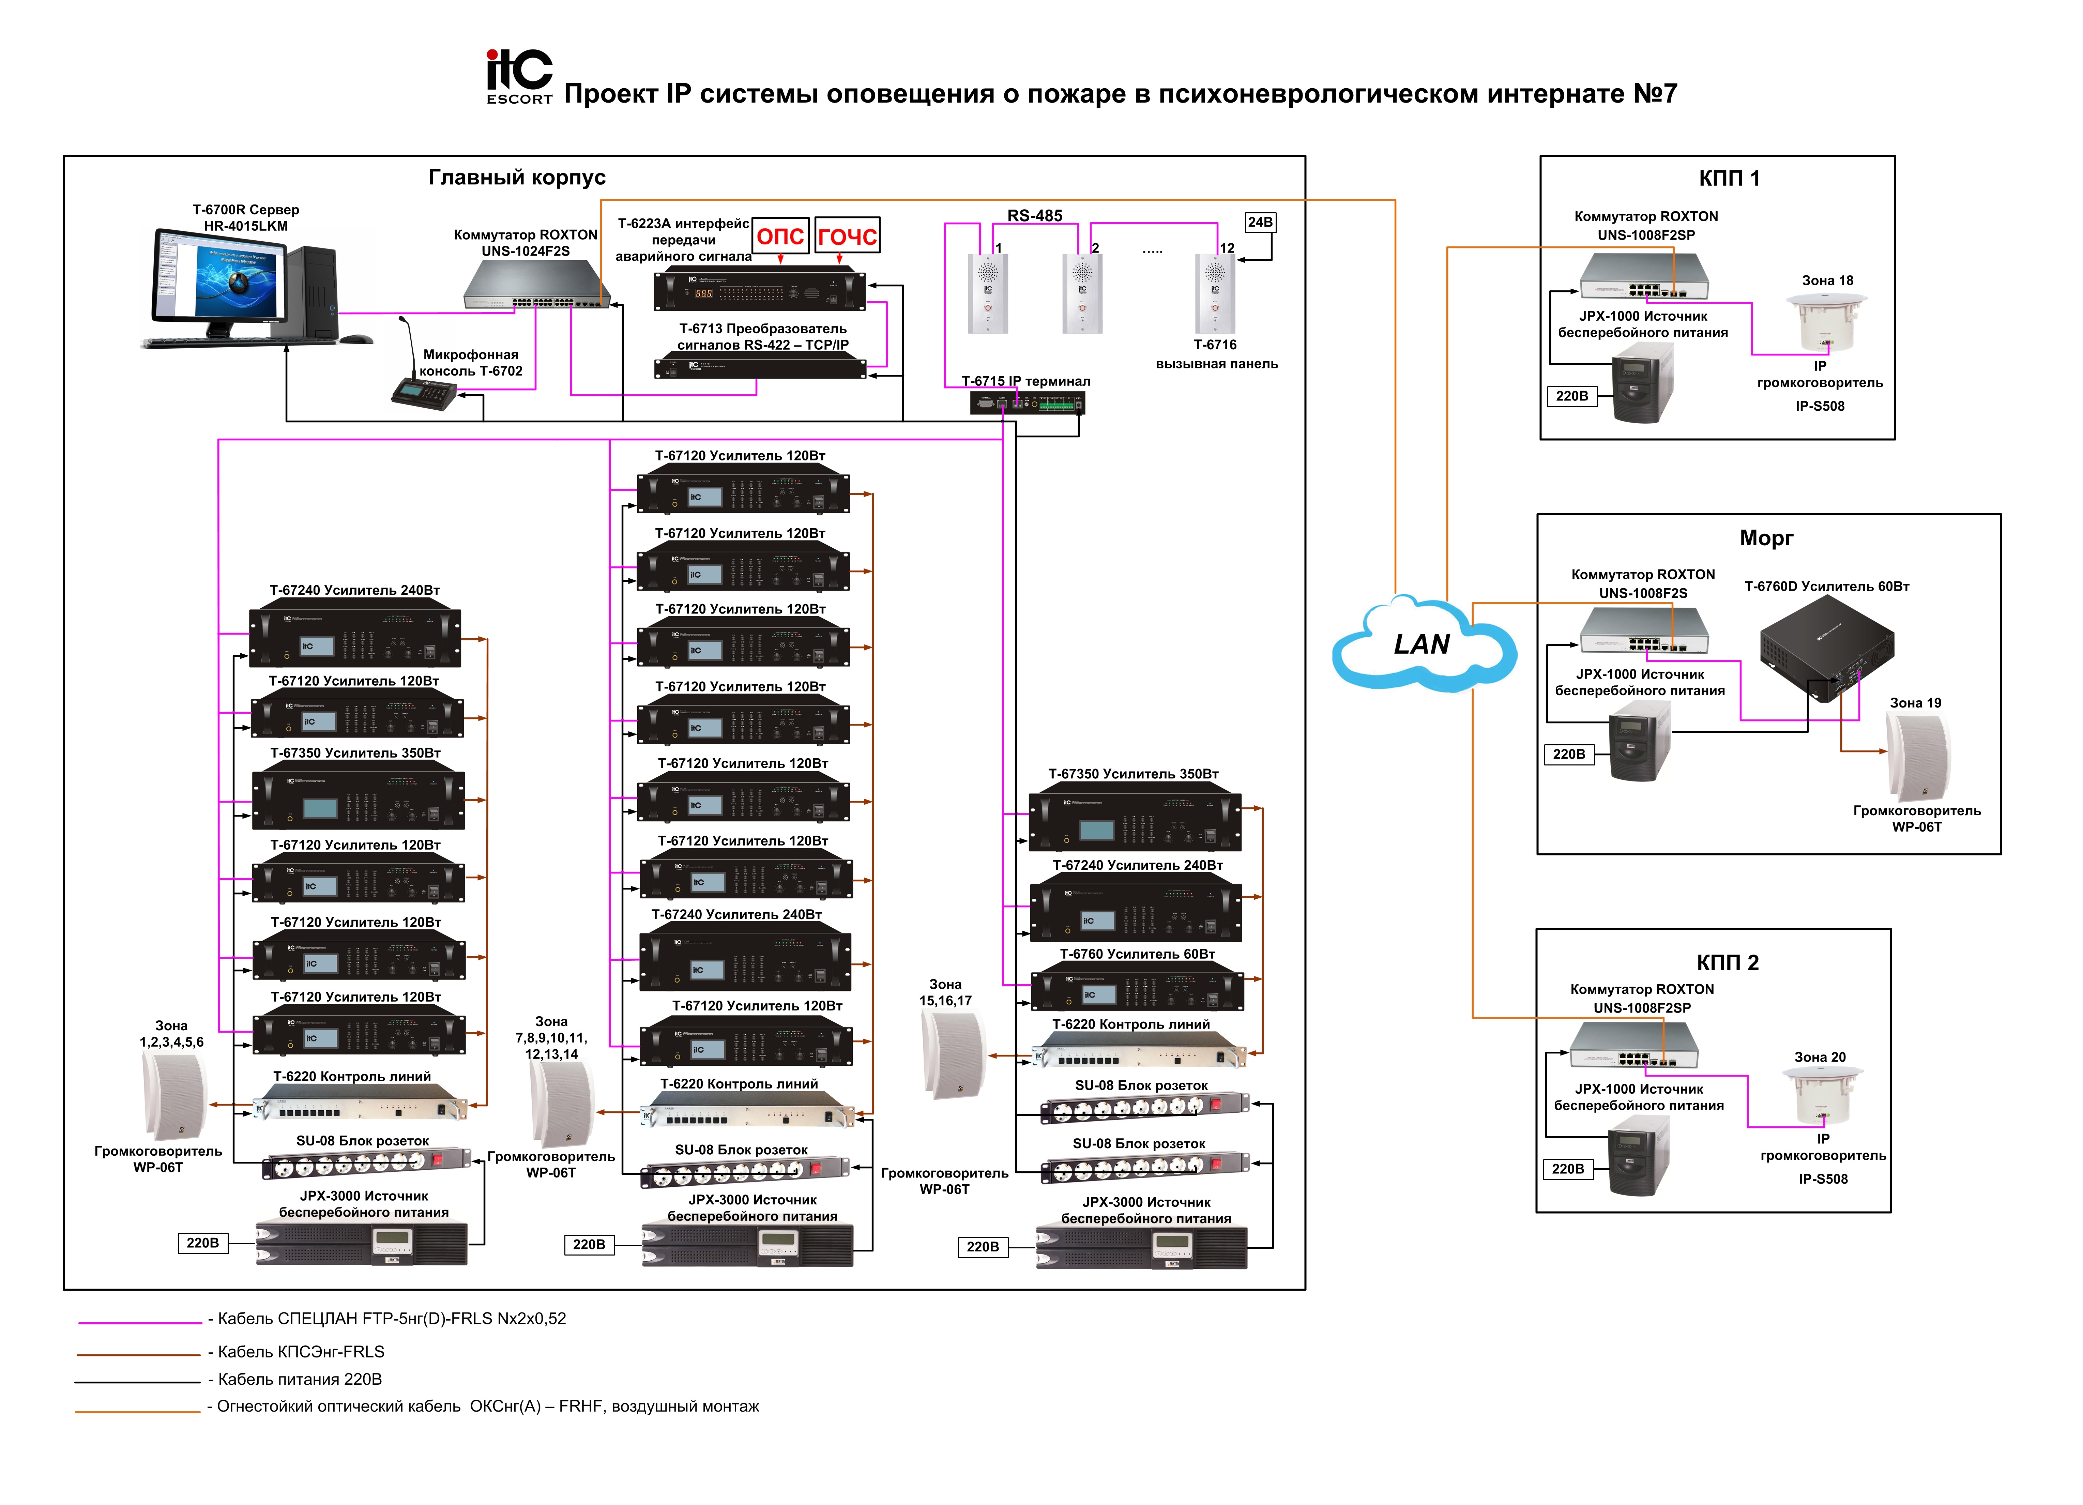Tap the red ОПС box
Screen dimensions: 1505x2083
[x=780, y=236]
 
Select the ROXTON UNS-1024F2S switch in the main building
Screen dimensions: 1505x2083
[x=535, y=285]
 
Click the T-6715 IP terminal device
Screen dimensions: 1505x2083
[x=1027, y=402]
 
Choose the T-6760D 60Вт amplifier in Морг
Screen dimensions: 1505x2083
[x=1826, y=645]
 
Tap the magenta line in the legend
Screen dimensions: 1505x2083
[x=140, y=1322]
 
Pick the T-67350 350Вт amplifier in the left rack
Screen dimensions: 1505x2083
[x=358, y=800]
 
